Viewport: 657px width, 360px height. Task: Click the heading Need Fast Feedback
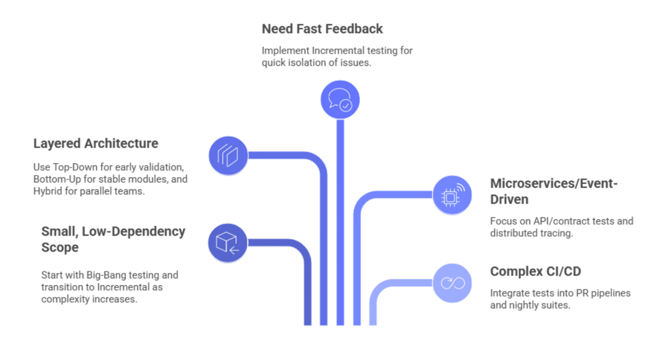[x=322, y=29]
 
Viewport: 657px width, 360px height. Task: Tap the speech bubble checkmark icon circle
[x=340, y=100]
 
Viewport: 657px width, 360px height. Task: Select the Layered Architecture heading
[x=96, y=143]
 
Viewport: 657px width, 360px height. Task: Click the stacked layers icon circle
[x=228, y=155]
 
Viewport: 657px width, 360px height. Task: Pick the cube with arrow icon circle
[x=228, y=243]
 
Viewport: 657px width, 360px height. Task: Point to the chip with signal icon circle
[x=452, y=195]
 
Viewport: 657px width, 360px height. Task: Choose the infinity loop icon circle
[x=452, y=283]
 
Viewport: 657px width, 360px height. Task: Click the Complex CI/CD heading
[x=535, y=271]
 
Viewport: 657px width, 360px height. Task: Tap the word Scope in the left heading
[x=60, y=247]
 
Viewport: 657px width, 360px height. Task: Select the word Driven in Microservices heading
[x=509, y=200]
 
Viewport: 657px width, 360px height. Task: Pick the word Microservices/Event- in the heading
[x=553, y=183]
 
